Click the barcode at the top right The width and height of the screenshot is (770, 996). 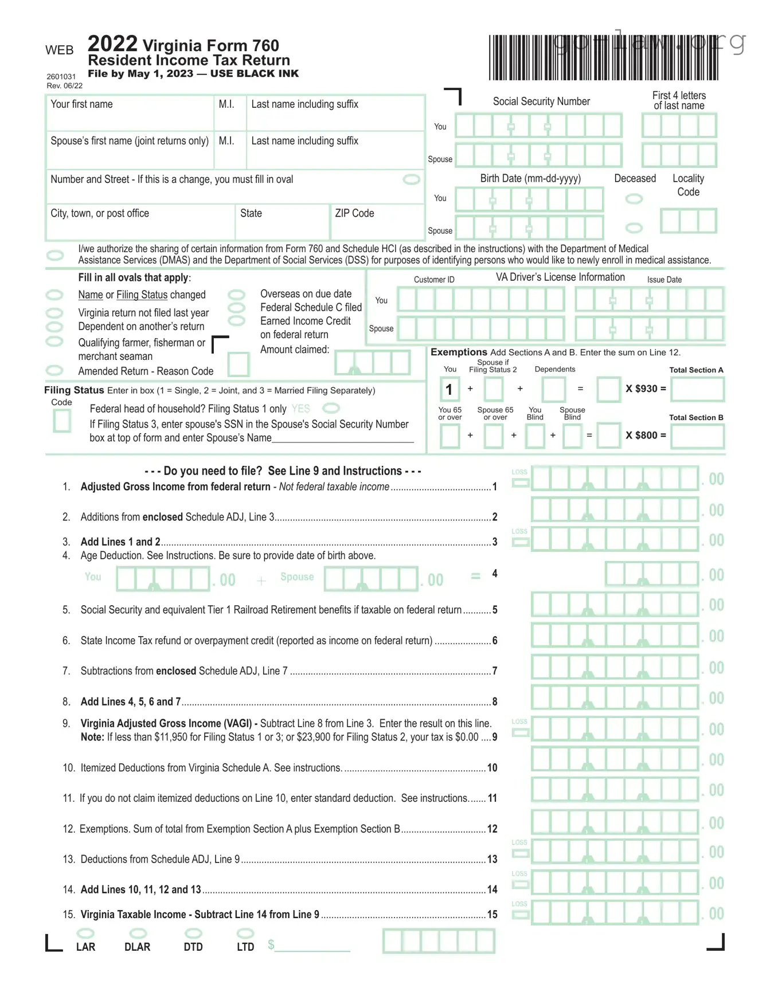point(603,58)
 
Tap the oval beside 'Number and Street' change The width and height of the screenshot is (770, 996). point(411,179)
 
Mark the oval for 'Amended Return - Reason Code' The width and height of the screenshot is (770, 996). point(54,371)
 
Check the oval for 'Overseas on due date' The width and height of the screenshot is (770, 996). point(236,295)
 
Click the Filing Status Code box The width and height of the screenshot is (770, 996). point(62,421)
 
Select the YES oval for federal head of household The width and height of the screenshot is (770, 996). point(331,409)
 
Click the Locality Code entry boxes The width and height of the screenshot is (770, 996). point(688,221)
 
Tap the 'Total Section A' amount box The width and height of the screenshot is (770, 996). point(697,389)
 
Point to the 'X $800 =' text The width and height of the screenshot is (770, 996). point(646,436)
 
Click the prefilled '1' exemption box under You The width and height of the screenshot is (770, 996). point(450,390)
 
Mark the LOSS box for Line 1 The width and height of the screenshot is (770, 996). point(520,483)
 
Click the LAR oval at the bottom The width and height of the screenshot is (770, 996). point(85,934)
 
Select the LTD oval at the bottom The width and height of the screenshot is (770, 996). point(245,934)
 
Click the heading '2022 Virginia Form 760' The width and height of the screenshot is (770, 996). point(183,44)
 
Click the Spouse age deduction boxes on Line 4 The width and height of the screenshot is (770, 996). point(370,579)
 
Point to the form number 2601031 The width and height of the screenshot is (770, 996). point(61,77)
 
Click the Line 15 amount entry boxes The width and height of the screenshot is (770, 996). point(615,912)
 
